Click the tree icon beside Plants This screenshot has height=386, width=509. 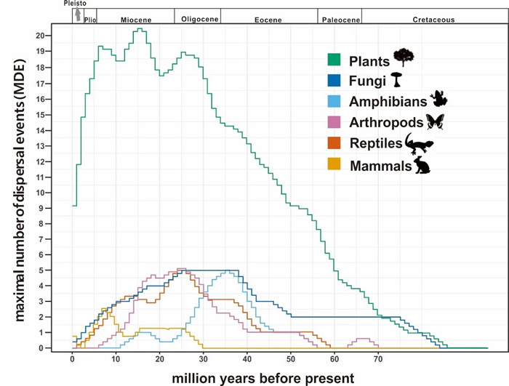404,57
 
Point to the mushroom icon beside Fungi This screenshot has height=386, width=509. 397,79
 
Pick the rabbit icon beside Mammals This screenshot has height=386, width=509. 422,165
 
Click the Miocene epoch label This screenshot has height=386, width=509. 135,17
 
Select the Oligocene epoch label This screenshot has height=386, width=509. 197,17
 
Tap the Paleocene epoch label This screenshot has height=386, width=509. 340,17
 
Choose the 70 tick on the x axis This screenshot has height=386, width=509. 378,359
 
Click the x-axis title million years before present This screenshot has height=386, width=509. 262,377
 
